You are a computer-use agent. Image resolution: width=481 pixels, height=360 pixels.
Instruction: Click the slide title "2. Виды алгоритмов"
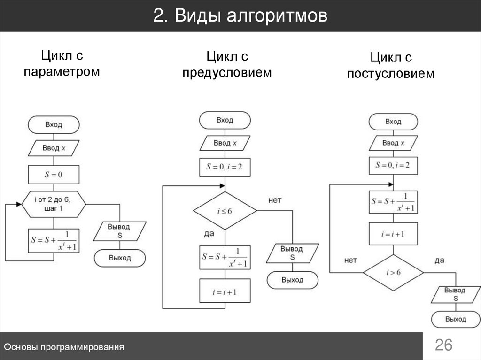(240, 16)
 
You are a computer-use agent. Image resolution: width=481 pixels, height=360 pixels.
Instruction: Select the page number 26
(443, 345)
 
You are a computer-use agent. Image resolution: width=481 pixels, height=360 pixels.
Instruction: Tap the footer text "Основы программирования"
(64, 347)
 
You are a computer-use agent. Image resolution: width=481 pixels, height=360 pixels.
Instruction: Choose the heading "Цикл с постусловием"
(391, 66)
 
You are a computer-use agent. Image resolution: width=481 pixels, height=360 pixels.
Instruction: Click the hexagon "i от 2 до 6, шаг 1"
(54, 204)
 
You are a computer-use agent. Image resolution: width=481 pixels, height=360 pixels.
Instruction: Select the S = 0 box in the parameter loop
(54, 175)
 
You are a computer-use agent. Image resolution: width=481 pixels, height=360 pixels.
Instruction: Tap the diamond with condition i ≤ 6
(225, 211)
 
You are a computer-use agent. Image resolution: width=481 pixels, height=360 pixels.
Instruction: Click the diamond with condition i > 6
(393, 272)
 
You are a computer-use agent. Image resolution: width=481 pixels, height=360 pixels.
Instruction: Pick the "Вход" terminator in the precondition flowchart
(225, 120)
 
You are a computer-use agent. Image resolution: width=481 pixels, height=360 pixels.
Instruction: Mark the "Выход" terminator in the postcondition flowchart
(456, 319)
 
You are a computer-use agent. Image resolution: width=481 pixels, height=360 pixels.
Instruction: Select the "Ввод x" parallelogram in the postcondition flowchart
(393, 143)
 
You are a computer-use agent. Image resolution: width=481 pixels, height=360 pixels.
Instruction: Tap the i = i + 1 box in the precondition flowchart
(225, 291)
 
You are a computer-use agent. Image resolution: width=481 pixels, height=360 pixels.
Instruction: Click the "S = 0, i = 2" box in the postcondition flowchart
(393, 165)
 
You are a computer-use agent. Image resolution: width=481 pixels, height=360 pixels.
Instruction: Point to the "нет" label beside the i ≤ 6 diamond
(275, 200)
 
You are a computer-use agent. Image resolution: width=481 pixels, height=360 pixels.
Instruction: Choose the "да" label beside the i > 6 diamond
(440, 260)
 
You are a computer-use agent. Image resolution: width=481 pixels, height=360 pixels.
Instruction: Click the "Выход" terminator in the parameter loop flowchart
(120, 258)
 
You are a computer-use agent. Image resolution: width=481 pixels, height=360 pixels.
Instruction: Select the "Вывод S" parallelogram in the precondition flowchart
(292, 253)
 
